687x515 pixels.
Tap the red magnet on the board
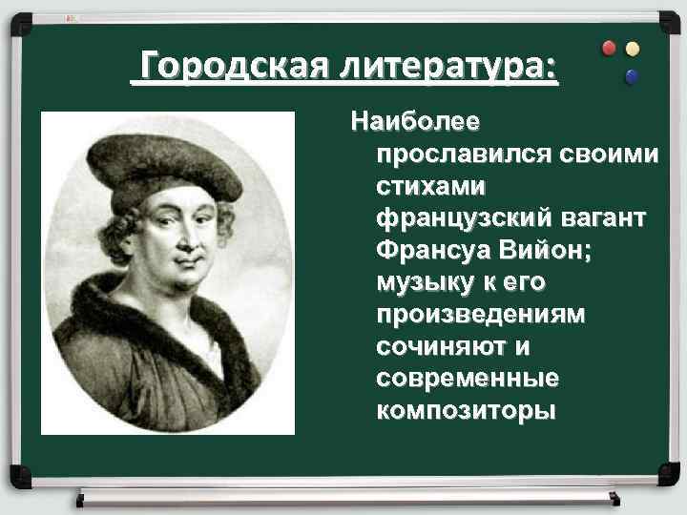point(609,48)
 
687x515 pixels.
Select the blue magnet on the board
point(631,76)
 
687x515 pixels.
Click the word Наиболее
point(416,122)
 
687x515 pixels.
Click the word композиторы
point(465,412)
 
